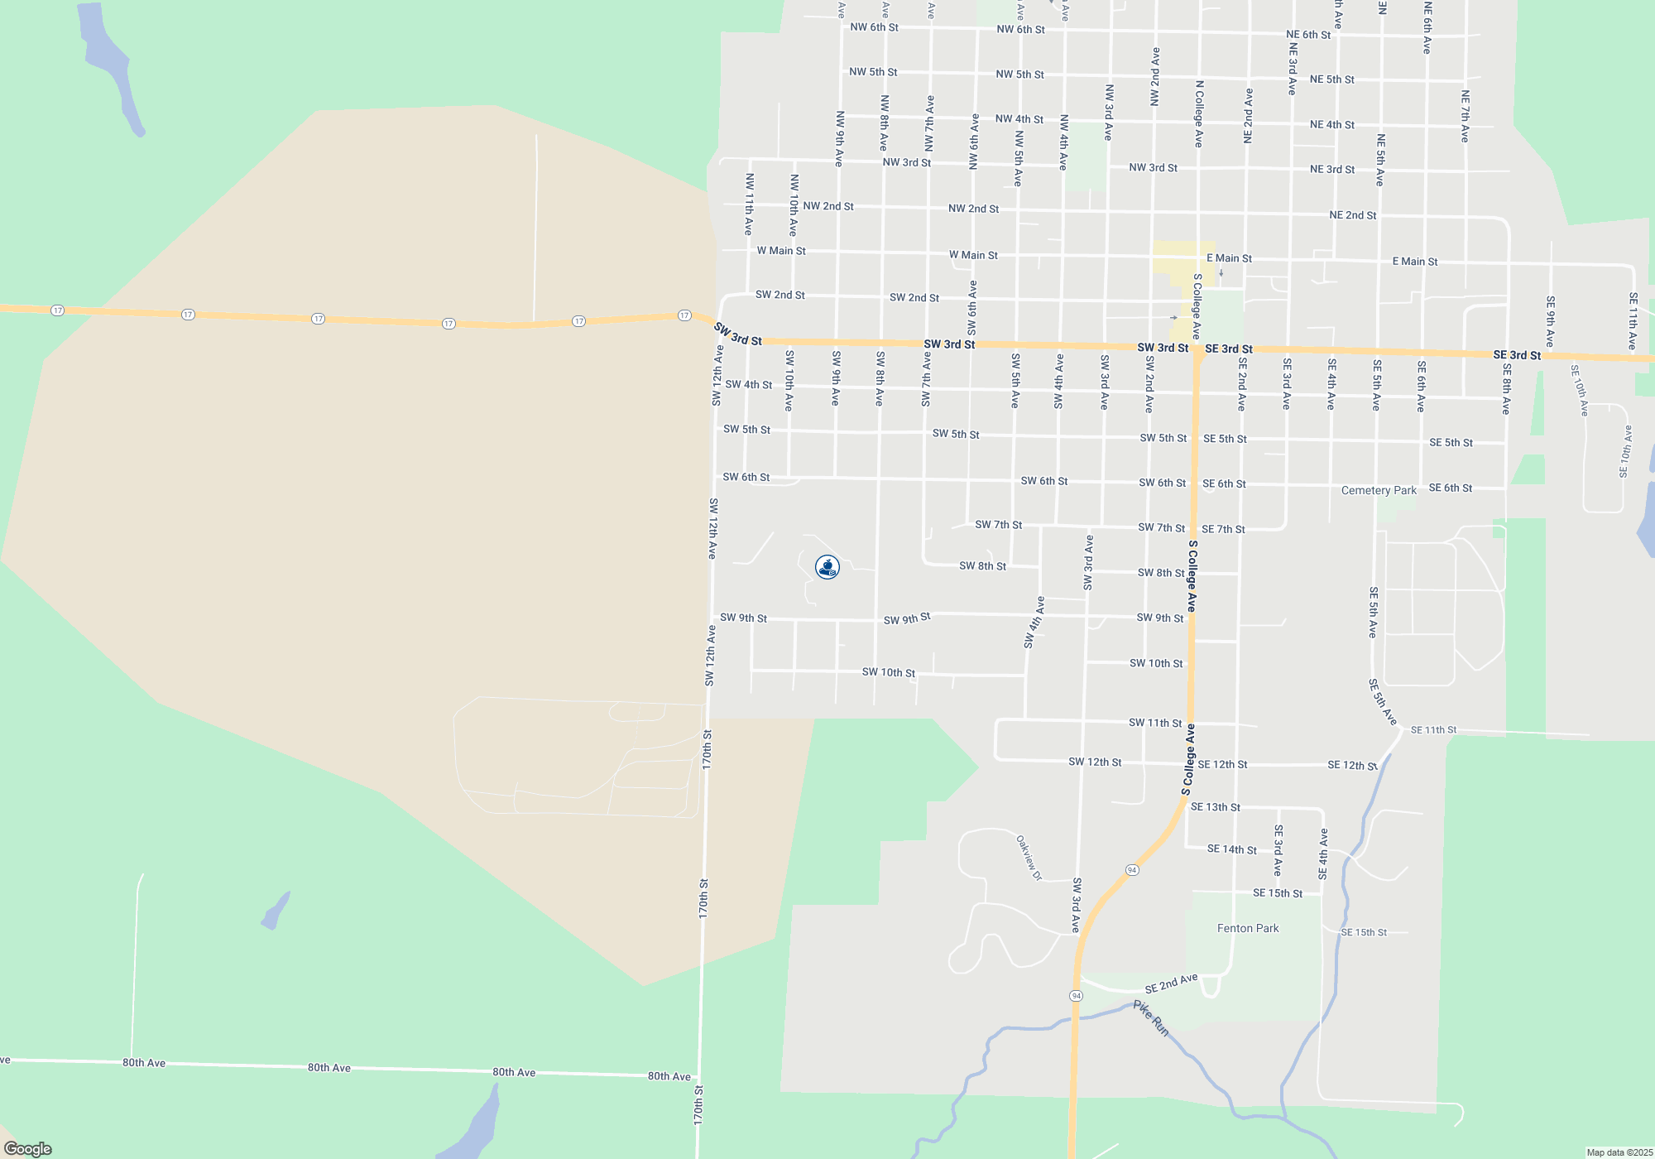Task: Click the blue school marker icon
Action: coord(827,567)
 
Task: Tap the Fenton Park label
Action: coord(1248,928)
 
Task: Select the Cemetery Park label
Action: coord(1379,490)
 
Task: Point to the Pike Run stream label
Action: coord(1151,1018)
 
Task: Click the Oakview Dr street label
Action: coord(1029,858)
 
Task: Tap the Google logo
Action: coord(28,1148)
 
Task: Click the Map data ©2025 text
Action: coord(1619,1152)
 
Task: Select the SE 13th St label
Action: coord(1216,807)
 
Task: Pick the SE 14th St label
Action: coord(1231,849)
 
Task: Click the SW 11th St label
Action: coord(1155,723)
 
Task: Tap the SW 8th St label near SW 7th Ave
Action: coord(982,566)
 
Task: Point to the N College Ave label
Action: coord(1199,113)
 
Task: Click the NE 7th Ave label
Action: coord(1465,116)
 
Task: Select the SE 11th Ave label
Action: coord(1633,320)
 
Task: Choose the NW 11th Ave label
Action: coord(749,204)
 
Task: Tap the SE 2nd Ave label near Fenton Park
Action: coord(1171,983)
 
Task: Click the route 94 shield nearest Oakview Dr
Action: coord(1132,870)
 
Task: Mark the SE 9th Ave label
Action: coord(1550,321)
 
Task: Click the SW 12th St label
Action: coord(1095,762)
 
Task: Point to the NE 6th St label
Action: coord(1308,35)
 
